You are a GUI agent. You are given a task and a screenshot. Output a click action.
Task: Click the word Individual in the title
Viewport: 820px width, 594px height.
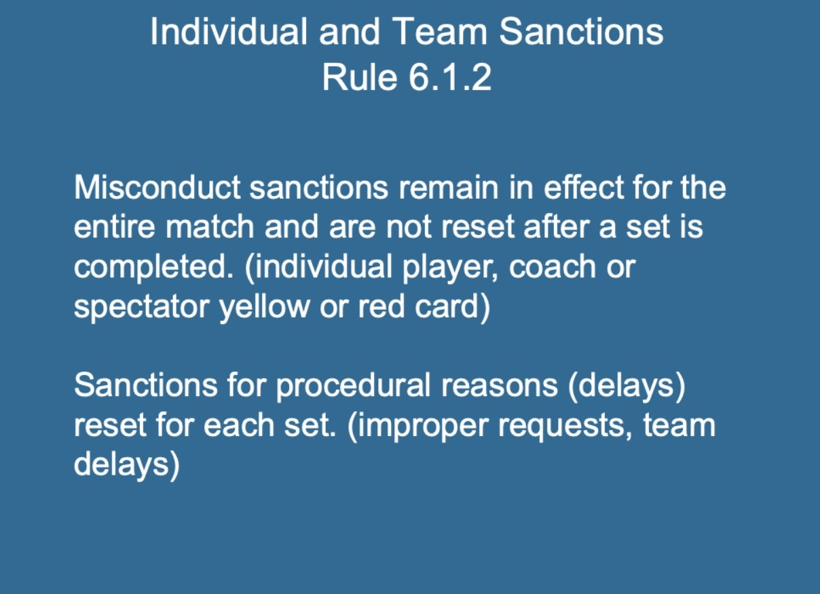(229, 32)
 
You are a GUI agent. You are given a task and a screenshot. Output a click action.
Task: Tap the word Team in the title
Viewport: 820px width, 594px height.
(440, 32)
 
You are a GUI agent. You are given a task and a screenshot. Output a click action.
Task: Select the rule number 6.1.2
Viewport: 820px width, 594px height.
(450, 77)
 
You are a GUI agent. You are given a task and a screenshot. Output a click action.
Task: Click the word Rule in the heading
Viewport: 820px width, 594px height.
(360, 77)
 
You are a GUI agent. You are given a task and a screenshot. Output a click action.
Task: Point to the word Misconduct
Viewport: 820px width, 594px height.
(157, 187)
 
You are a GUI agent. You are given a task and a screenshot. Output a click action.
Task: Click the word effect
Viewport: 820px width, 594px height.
(584, 187)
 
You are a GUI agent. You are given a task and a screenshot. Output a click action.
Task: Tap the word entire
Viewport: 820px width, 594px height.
(115, 226)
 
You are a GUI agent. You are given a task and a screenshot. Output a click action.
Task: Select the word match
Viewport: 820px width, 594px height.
(210, 226)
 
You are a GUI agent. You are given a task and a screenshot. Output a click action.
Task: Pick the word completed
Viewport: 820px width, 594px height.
(153, 268)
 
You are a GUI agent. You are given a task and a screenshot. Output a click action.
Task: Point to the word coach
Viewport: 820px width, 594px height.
(553, 266)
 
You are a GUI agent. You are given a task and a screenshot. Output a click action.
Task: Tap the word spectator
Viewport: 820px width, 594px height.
(142, 307)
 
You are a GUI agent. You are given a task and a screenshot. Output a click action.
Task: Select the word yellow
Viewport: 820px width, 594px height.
(264, 307)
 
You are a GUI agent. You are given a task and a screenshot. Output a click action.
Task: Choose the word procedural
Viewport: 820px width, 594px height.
(353, 387)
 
